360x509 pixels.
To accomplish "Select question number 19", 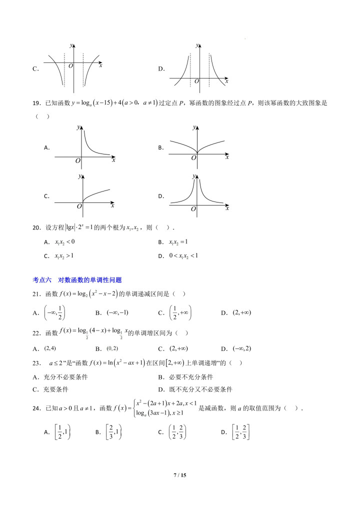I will pyautogui.click(x=35, y=102).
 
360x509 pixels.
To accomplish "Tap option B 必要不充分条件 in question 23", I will pyautogui.click(x=189, y=377).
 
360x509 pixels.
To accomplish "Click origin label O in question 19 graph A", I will pyautogui.click(x=77, y=160).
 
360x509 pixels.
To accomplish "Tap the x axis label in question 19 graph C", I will pyautogui.click(x=112, y=205).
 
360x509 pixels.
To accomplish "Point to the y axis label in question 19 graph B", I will pyautogui.click(x=194, y=128).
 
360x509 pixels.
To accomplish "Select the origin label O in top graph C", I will pyautogui.click(x=70, y=66).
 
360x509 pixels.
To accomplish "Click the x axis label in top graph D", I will pyautogui.click(x=226, y=80).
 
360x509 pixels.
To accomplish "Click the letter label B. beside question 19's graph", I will pyautogui.click(x=161, y=147).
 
